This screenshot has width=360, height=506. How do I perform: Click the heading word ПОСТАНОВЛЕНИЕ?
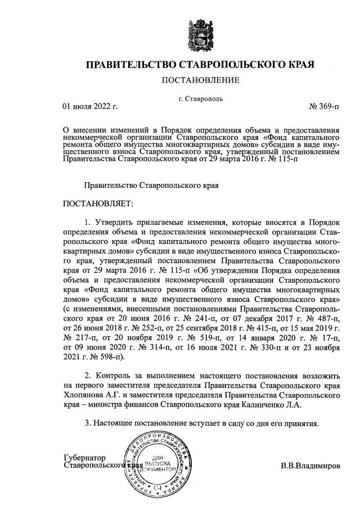coord(200,80)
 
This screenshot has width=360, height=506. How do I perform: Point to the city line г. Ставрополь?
coord(201,98)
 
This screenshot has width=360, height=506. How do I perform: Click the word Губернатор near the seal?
coord(85,458)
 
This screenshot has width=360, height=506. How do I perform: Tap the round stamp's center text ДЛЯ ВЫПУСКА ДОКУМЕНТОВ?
coord(157,462)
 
